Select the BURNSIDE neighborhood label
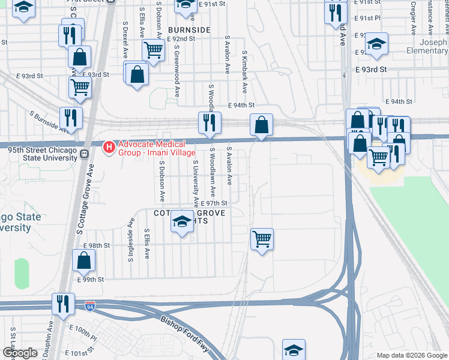click(189, 29)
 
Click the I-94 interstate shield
click(89, 305)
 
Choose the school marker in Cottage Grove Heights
click(182, 223)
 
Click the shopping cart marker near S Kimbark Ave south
click(262, 239)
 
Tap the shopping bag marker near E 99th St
click(83, 260)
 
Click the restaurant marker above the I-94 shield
click(62, 304)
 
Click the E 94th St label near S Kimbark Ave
click(241, 104)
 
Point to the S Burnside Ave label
click(47, 120)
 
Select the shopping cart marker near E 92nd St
click(153, 50)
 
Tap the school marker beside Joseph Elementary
click(377, 43)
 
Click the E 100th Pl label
click(83, 330)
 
